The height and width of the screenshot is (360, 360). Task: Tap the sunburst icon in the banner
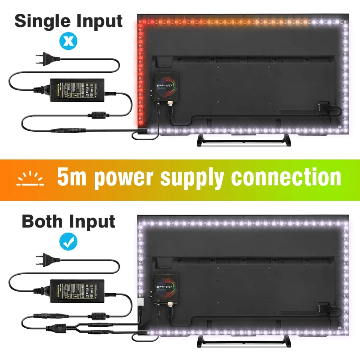31,179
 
